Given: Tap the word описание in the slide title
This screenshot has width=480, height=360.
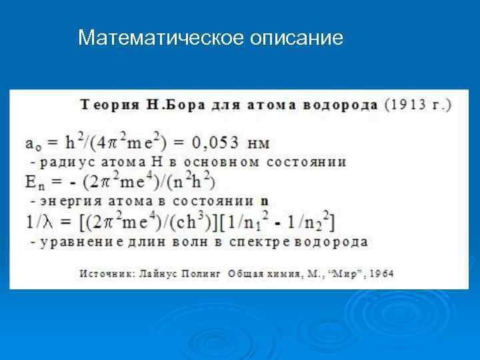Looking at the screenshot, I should point(297,38).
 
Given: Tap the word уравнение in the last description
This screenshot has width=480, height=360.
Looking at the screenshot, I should point(82,241).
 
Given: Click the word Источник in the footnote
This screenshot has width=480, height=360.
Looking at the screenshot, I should point(103,273).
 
